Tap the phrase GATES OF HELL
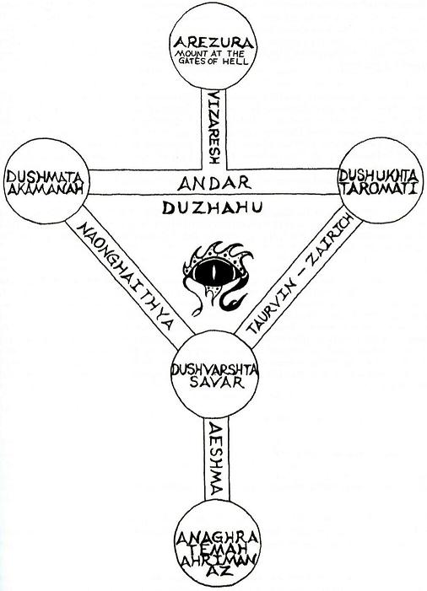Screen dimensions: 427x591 pyautogui.click(x=213, y=61)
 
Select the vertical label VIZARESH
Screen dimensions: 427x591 pyautogui.click(x=213, y=126)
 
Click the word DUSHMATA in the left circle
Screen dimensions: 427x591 pyautogui.click(x=44, y=176)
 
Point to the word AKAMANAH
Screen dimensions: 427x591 pyautogui.click(x=46, y=188)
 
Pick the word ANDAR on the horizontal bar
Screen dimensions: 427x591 pyautogui.click(x=213, y=183)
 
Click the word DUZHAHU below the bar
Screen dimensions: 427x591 pyautogui.click(x=212, y=207)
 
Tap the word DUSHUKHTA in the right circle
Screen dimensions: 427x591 pyautogui.click(x=378, y=175)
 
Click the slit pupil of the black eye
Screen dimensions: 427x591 pyautogui.click(x=213, y=271)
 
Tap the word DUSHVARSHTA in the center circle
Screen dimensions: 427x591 pyautogui.click(x=214, y=369)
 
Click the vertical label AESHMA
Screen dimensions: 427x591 pyautogui.click(x=216, y=459)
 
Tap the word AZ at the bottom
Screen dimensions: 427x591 pyautogui.click(x=217, y=572)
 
